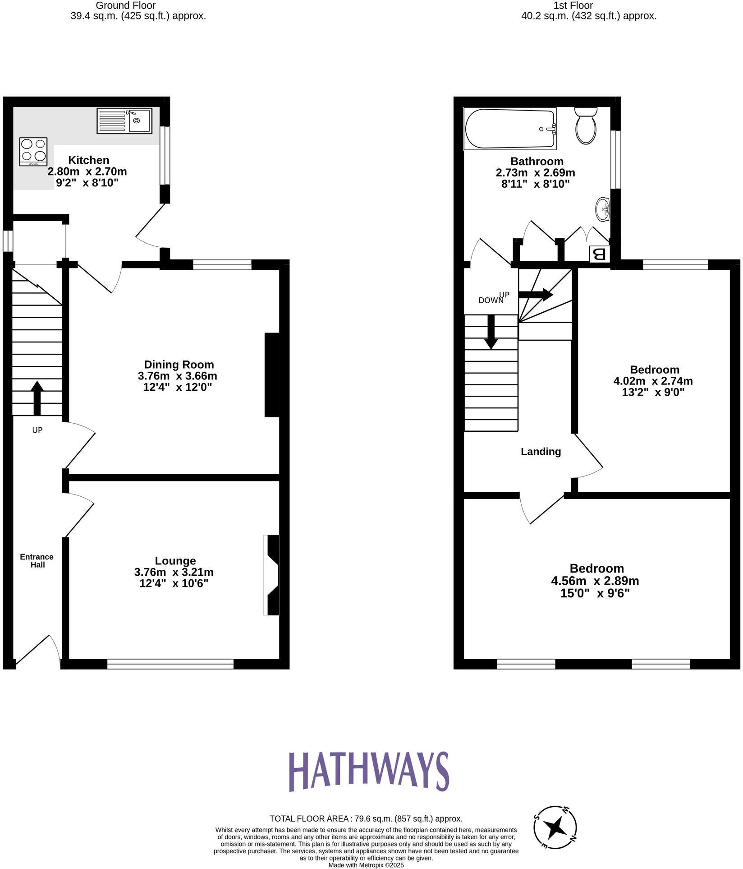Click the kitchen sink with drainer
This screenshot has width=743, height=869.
[x=125, y=120]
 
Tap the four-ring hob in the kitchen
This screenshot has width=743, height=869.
[x=33, y=151]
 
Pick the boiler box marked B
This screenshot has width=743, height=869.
[x=600, y=254]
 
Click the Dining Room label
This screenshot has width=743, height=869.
[x=179, y=365]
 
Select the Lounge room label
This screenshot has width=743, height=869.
[x=175, y=561]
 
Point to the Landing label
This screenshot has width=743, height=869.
[x=541, y=452]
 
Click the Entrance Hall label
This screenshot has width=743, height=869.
[x=37, y=561]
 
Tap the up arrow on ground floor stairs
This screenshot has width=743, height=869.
[x=37, y=398]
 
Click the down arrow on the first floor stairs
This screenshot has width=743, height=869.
[x=491, y=332]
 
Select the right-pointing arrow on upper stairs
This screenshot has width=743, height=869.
[x=536, y=295]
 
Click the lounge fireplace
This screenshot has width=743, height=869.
[x=272, y=575]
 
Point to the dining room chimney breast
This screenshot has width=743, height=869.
[x=272, y=375]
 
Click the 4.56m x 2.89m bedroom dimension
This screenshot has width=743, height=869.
[x=595, y=581]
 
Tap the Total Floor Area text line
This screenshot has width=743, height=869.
[x=366, y=818]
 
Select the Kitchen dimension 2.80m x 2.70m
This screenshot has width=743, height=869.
[x=87, y=171]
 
